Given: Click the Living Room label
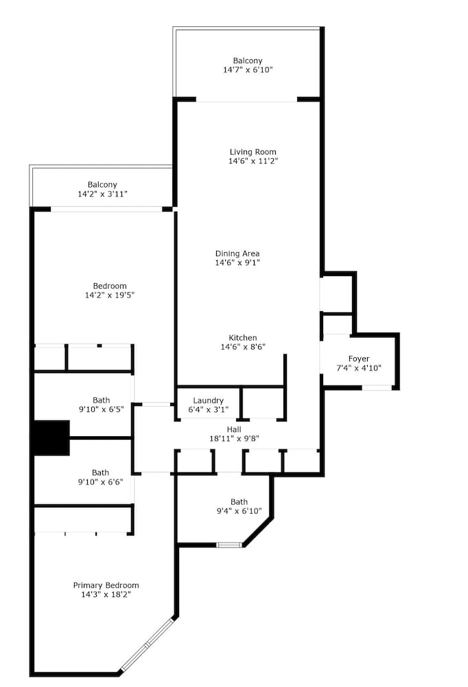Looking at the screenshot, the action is (x=253, y=152).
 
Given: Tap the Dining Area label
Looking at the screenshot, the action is (x=237, y=254).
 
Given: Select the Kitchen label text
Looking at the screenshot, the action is (x=243, y=338).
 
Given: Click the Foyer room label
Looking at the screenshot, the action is (x=359, y=359).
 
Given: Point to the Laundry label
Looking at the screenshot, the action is (x=209, y=401).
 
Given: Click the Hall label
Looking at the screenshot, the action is (x=234, y=429).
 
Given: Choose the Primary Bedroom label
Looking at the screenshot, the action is (x=106, y=585).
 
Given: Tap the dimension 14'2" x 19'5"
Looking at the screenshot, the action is (x=109, y=295).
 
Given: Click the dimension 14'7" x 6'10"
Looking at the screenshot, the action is (x=248, y=69).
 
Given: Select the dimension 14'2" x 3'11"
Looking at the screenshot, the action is (x=102, y=194).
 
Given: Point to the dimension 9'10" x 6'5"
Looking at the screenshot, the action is (x=101, y=409).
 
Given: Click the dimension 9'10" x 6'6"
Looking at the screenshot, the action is (x=101, y=482).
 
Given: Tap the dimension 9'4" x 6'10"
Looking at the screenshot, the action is (x=239, y=511).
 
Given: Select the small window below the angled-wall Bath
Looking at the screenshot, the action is (x=229, y=545).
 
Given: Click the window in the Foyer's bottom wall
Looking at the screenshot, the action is (x=377, y=387).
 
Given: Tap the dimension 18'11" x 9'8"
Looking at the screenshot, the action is (x=234, y=438).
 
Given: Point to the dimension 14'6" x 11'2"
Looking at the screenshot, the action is (x=253, y=161).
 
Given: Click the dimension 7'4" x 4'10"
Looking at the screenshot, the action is (x=359, y=368).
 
